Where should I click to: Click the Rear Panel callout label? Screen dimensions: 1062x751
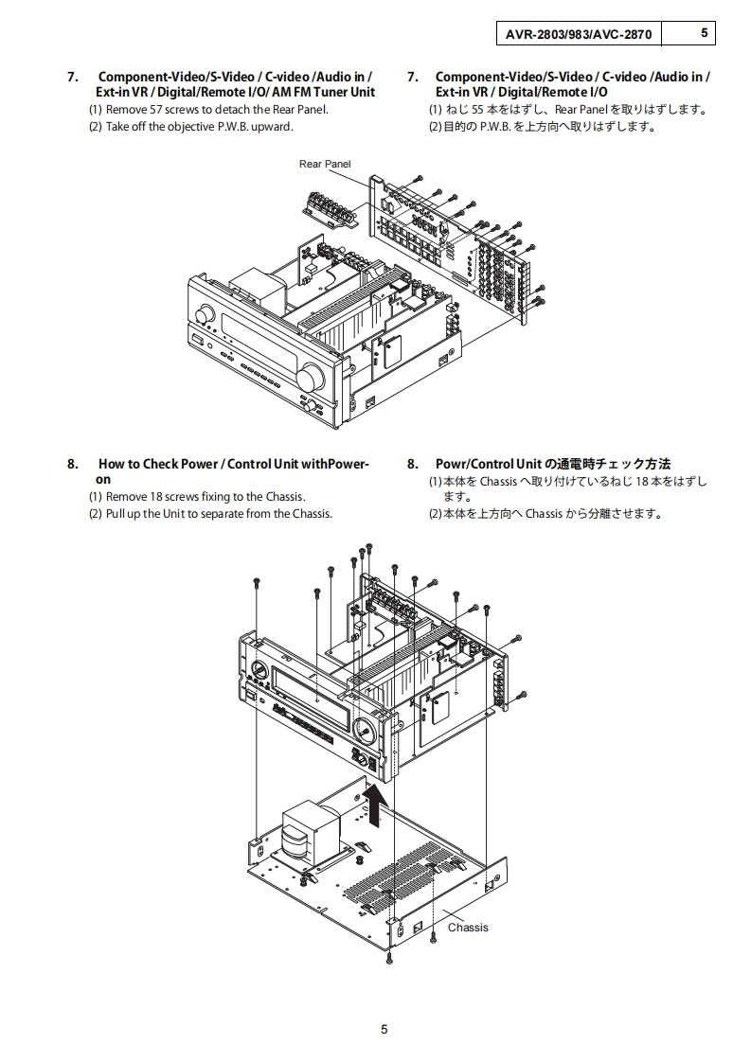point(325,164)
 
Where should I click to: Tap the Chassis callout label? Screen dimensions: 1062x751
point(468,927)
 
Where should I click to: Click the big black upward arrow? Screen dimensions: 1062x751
point(377,805)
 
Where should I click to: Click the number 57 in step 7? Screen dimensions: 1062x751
point(153,110)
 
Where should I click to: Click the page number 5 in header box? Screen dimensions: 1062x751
point(704,33)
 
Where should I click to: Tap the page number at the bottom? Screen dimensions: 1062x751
point(384,1030)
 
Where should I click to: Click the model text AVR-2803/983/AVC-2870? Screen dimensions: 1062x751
point(578,34)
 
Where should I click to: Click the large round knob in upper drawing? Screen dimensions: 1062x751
point(309,378)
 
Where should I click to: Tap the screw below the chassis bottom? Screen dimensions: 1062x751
point(389,958)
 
